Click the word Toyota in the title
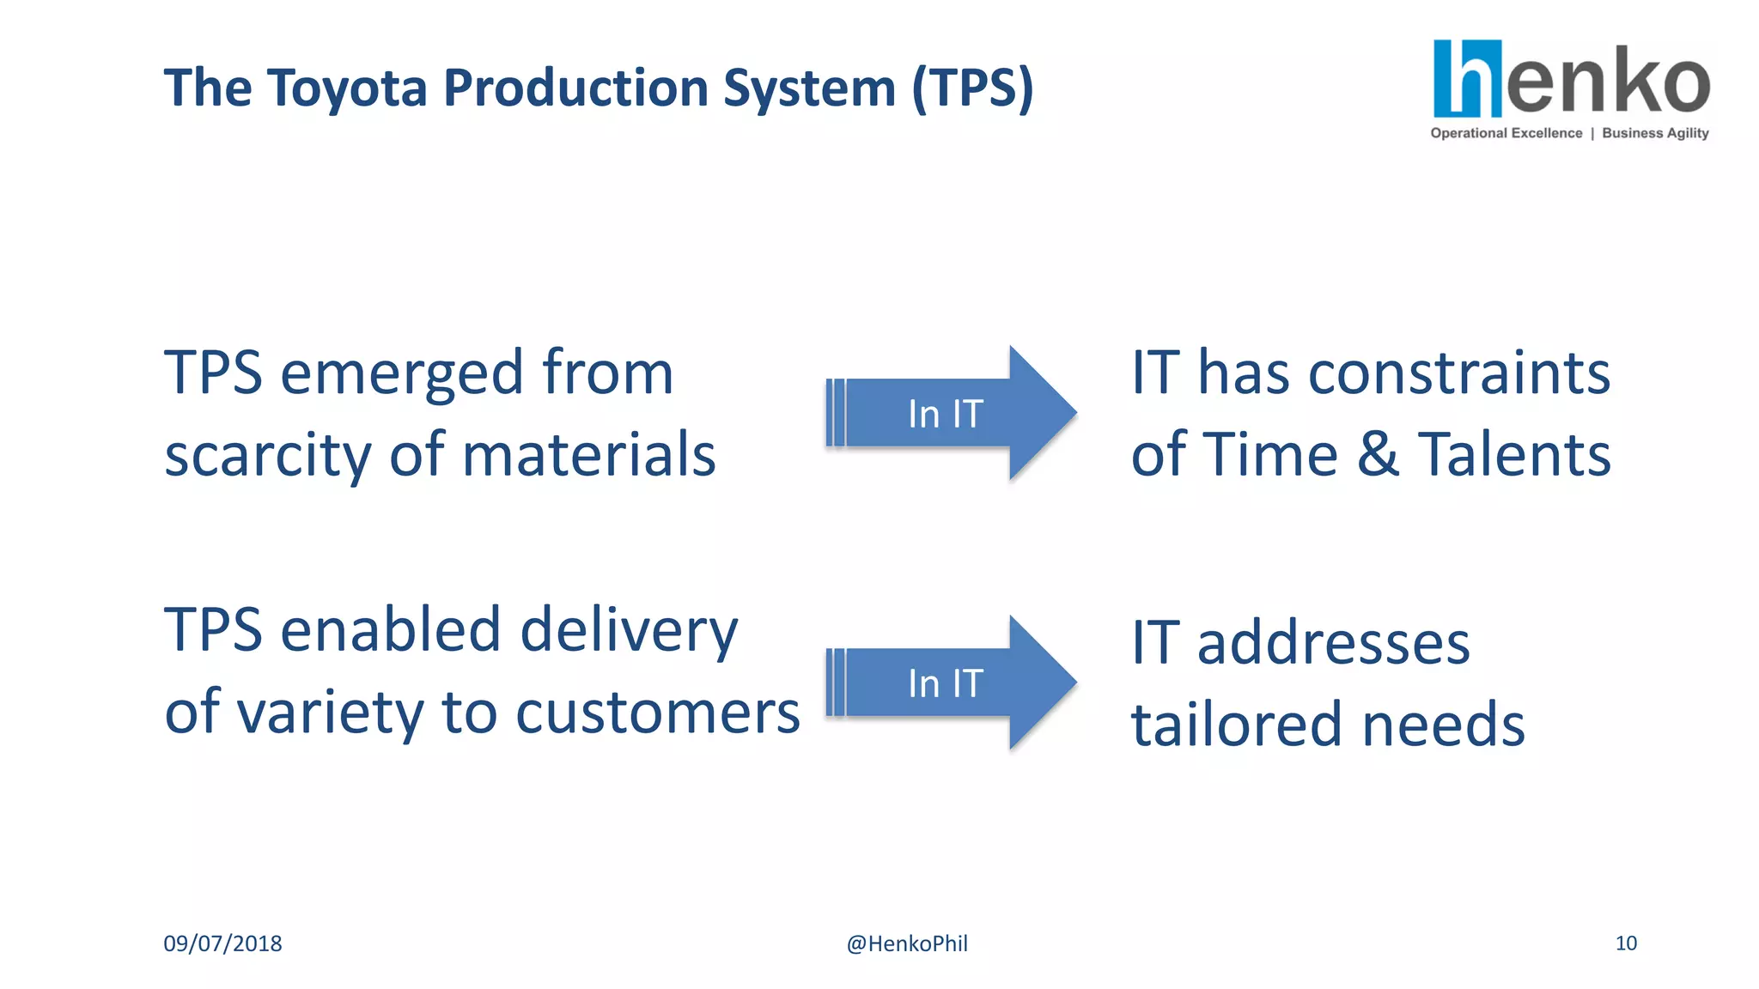point(347,88)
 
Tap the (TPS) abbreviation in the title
point(972,88)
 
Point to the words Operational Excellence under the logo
point(1506,133)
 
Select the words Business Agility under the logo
point(1655,133)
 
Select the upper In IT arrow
point(948,414)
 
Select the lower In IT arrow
point(948,683)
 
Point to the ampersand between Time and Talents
point(1378,454)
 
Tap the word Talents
point(1513,454)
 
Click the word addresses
point(1333,643)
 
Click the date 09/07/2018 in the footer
point(222,943)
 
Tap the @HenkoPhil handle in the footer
point(907,943)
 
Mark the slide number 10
point(1626,943)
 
